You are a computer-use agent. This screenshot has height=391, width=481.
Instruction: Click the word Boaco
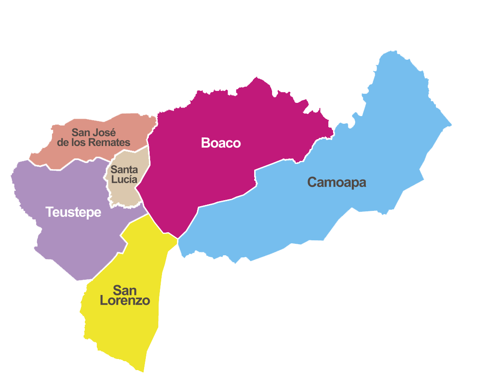[221, 143]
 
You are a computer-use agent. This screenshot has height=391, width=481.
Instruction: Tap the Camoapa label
[336, 182]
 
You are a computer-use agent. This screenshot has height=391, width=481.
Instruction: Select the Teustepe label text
[73, 212]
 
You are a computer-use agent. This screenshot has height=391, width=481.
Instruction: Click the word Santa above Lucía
[124, 170]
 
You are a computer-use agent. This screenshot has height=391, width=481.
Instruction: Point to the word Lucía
[125, 179]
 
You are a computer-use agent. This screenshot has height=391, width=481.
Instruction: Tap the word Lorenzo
[125, 301]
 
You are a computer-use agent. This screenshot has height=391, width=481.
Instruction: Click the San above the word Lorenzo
[125, 290]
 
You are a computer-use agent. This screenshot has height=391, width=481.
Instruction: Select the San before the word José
[81, 132]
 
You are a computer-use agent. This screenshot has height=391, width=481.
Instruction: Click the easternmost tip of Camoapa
[451, 125]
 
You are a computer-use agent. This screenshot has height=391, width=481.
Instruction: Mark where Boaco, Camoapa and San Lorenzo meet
[178, 239]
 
